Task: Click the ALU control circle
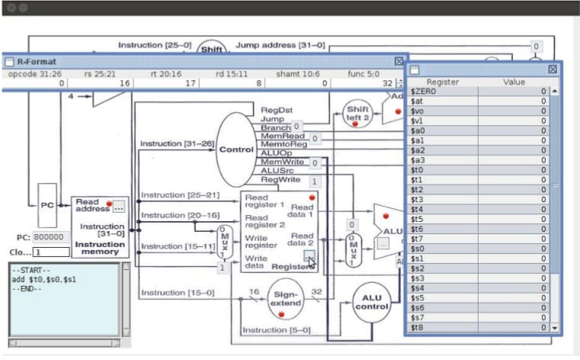click(x=371, y=302)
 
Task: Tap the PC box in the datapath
click(x=46, y=204)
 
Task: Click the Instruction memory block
click(x=100, y=227)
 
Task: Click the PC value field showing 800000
click(x=51, y=237)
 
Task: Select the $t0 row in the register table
click(x=441, y=170)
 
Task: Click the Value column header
click(x=514, y=82)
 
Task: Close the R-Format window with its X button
click(x=399, y=61)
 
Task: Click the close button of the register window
click(x=553, y=69)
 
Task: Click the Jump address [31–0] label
click(x=280, y=46)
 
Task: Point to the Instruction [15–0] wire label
click(x=173, y=292)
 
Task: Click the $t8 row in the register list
click(x=441, y=327)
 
